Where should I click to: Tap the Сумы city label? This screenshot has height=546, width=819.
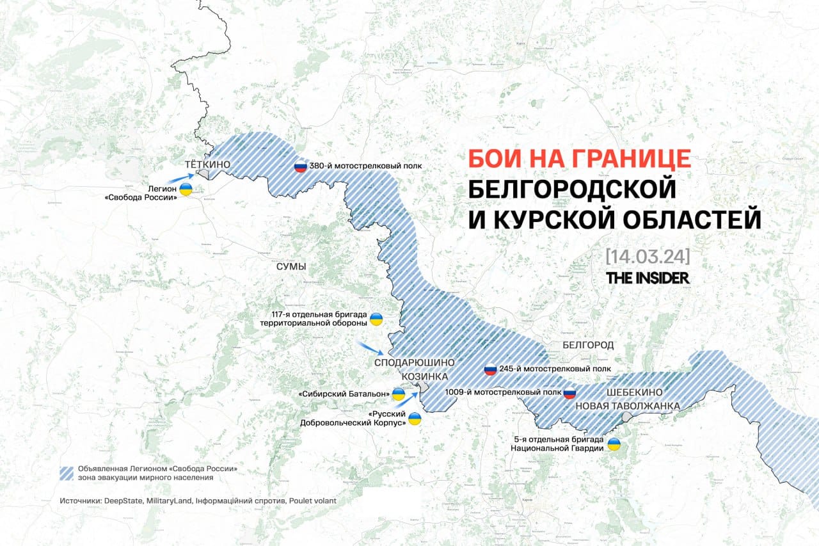[292, 266]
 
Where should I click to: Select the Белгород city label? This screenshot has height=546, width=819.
[588, 345]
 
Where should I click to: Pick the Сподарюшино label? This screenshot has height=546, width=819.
[414, 362]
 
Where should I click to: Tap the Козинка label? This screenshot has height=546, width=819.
[424, 376]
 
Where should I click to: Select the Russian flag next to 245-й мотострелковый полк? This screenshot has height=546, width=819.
[490, 369]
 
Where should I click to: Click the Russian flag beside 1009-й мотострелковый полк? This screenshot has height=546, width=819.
[569, 393]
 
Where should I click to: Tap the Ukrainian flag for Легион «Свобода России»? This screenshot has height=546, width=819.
[186, 189]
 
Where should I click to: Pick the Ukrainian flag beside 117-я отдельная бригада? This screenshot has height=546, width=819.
[377, 318]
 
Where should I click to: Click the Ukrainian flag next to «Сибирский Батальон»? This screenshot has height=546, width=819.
[398, 394]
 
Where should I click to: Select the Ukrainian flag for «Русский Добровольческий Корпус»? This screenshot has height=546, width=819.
[415, 419]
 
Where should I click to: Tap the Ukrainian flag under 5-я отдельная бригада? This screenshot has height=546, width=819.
[614, 444]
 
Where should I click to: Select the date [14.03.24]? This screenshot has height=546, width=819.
[647, 256]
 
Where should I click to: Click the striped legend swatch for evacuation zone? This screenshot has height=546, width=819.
[67, 473]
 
